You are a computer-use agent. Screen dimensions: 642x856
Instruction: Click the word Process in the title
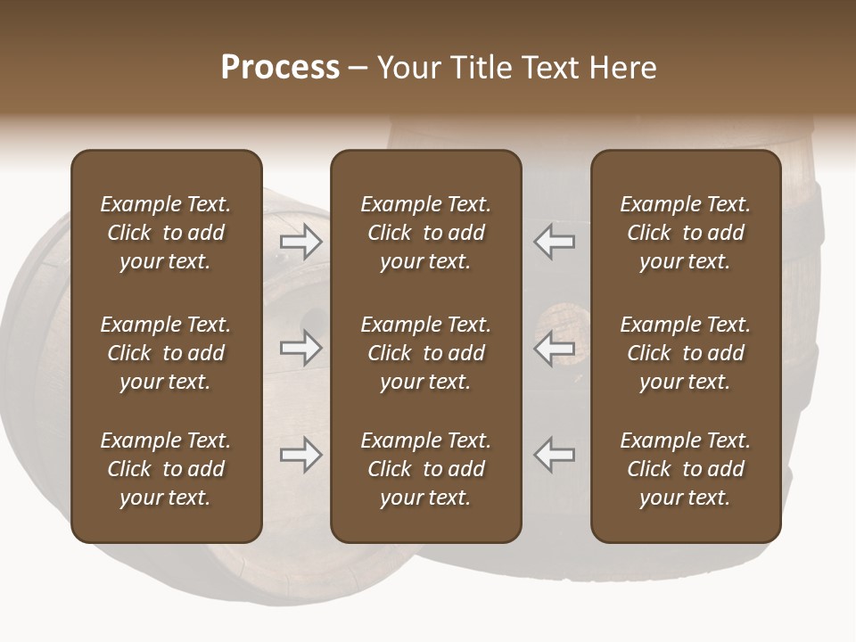click(x=280, y=68)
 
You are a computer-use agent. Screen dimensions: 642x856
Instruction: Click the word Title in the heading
click(x=477, y=68)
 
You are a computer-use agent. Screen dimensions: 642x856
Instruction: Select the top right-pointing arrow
click(x=300, y=241)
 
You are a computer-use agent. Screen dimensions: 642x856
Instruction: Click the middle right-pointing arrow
click(x=300, y=347)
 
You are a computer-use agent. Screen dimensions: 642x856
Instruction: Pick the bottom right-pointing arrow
click(x=300, y=454)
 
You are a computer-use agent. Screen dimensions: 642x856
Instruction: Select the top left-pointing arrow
click(x=554, y=241)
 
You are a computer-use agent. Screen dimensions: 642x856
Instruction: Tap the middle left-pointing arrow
click(x=554, y=347)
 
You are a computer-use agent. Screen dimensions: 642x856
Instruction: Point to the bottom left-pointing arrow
click(x=554, y=454)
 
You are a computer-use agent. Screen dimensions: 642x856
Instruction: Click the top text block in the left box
click(x=166, y=233)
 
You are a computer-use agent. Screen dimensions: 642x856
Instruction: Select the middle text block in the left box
click(x=166, y=353)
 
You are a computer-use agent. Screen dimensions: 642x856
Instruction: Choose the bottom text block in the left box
click(x=166, y=469)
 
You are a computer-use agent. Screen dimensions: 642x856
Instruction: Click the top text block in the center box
click(x=425, y=233)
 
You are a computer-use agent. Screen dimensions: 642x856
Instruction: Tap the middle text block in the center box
click(x=425, y=353)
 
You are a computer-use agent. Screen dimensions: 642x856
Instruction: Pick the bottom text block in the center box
click(x=425, y=469)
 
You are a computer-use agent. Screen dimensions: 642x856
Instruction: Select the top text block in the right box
click(x=685, y=233)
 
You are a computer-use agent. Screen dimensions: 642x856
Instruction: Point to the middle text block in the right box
click(x=685, y=353)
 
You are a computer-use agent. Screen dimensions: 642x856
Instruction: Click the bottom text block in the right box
click(x=685, y=469)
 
